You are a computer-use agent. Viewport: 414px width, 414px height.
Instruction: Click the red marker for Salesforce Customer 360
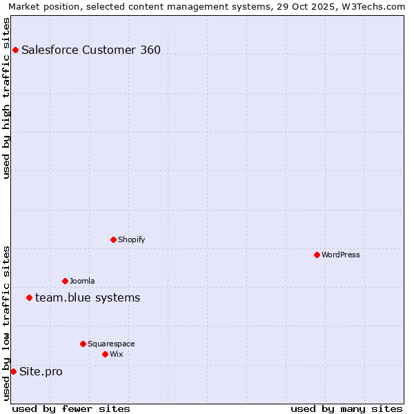[15, 50]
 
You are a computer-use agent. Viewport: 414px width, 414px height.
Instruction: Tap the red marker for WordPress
[317, 255]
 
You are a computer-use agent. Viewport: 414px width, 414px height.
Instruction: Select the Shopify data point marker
[113, 239]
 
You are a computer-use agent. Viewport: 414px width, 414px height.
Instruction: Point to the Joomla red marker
[65, 281]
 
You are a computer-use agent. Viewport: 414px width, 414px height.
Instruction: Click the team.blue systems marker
[29, 297]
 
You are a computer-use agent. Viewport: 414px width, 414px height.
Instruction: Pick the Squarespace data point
[83, 344]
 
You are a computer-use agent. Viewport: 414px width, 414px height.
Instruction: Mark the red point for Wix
[105, 354]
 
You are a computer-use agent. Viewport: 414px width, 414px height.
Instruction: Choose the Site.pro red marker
[13, 371]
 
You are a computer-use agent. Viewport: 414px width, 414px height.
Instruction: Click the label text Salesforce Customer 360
[91, 50]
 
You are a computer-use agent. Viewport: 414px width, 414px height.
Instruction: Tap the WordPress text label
[341, 255]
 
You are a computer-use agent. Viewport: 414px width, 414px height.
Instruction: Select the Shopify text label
[131, 239]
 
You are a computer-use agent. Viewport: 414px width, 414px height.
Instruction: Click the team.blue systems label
[88, 297]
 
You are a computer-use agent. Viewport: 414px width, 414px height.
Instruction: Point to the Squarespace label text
[111, 344]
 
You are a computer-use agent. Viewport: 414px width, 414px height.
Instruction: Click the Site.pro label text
[41, 371]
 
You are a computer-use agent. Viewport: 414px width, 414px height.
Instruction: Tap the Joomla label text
[82, 281]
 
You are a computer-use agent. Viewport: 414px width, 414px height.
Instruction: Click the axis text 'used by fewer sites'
[71, 408]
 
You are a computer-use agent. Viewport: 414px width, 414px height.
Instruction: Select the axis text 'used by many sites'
[346, 408]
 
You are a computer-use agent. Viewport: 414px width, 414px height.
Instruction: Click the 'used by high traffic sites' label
[6, 98]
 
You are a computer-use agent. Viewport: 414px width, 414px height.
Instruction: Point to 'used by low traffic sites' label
[6, 323]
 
